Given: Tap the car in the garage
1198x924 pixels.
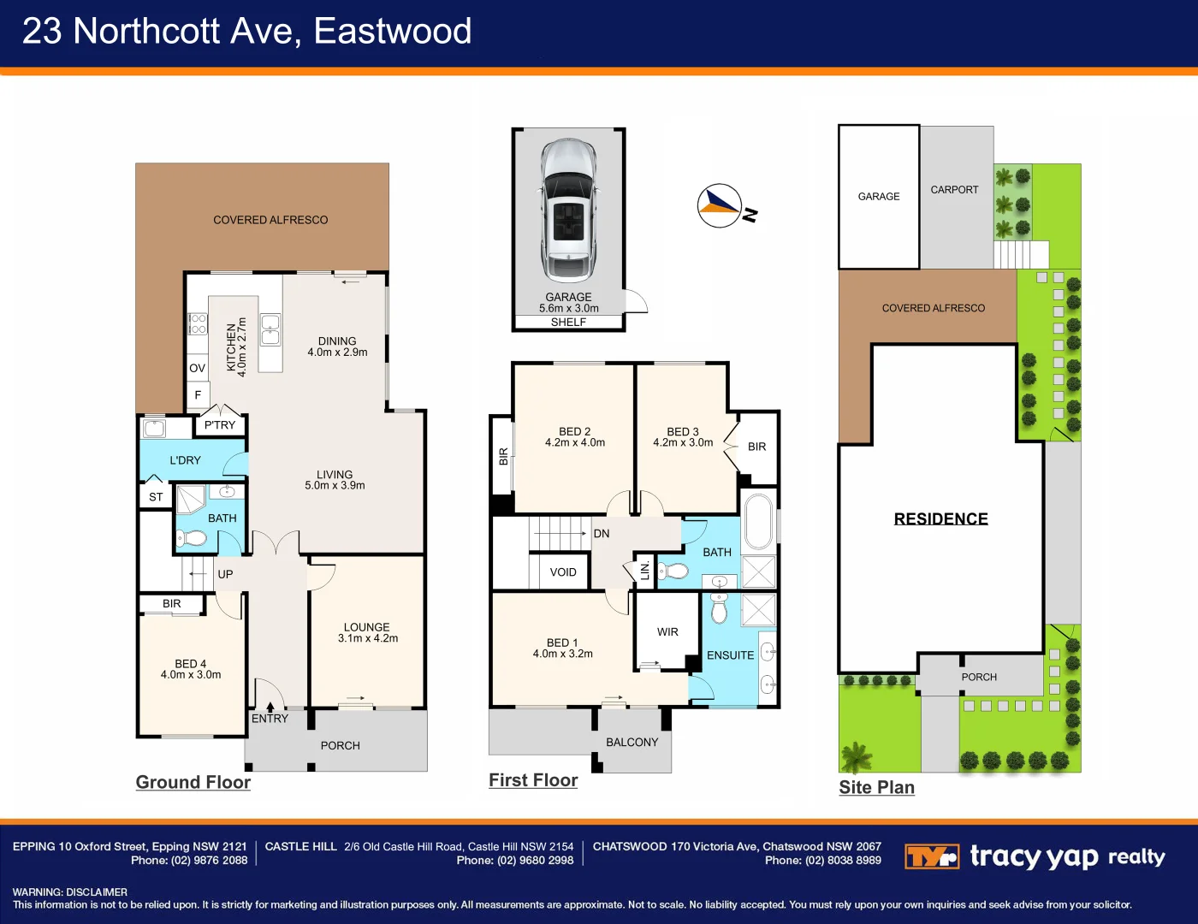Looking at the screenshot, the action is [x=568, y=210].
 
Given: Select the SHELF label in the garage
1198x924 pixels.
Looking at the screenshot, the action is [x=568, y=323].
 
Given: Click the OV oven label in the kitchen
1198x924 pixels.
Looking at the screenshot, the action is [x=198, y=368].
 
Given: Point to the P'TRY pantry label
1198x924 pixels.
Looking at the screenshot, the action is [x=220, y=425].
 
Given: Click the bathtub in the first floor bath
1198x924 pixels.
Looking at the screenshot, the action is [x=759, y=521].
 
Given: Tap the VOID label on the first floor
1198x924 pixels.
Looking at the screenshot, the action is [x=563, y=572].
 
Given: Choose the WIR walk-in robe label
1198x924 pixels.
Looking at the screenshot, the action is [x=667, y=632].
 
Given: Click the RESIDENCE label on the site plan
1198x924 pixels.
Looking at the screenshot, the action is [x=941, y=519].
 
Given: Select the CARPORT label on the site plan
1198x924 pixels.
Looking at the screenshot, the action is [x=954, y=190].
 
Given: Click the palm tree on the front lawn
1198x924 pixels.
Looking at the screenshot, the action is [x=856, y=757].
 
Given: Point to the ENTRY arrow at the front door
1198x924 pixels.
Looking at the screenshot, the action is [x=270, y=708].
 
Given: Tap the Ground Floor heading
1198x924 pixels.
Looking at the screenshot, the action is [x=193, y=782].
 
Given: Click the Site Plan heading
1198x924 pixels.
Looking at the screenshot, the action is [x=876, y=787].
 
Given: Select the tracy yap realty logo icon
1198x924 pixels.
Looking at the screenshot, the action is [x=932, y=856].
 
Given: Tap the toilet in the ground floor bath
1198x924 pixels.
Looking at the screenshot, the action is [x=191, y=538].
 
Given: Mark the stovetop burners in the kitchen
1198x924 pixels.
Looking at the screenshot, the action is [x=198, y=324].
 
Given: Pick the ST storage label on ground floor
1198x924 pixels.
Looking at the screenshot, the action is [x=156, y=497].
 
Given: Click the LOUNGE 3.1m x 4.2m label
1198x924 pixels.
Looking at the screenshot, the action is [x=368, y=632].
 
